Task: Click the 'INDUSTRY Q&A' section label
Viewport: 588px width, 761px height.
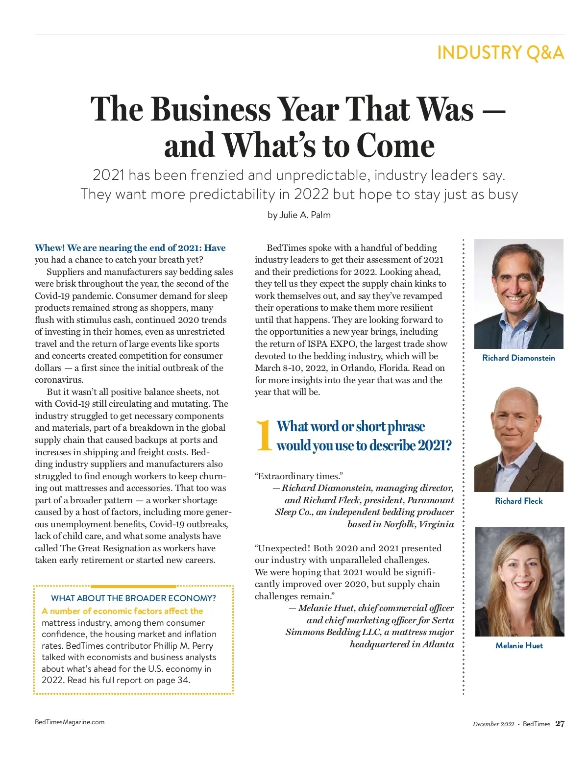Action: [500, 52]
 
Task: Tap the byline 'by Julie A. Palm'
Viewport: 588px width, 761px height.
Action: [299, 215]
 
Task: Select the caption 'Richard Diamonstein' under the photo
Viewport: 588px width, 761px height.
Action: [518, 358]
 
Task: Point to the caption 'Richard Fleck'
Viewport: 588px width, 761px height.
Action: [518, 501]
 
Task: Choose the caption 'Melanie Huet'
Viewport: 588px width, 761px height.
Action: [519, 645]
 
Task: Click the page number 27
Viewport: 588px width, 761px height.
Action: [560, 724]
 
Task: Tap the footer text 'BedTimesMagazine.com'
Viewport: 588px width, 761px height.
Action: [70, 722]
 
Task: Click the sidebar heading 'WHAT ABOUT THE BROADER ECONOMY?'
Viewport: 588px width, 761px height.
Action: [133, 598]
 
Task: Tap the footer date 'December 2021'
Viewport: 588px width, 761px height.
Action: [493, 724]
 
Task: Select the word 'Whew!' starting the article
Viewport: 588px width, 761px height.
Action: [49, 248]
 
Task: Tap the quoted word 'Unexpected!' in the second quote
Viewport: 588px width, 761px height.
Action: [284, 548]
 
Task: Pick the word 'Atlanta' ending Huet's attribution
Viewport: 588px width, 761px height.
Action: [438, 644]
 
